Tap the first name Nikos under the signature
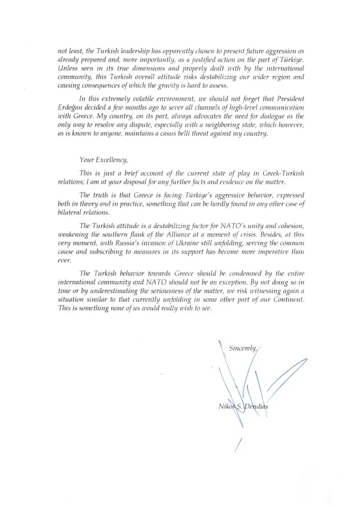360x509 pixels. tap(228, 407)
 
